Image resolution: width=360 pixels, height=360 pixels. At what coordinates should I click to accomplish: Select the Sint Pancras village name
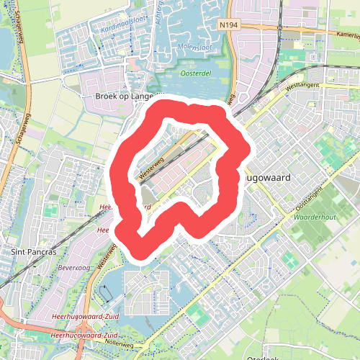point(34,251)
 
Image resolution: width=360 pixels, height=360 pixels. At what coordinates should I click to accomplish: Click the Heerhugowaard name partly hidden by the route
point(266,175)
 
